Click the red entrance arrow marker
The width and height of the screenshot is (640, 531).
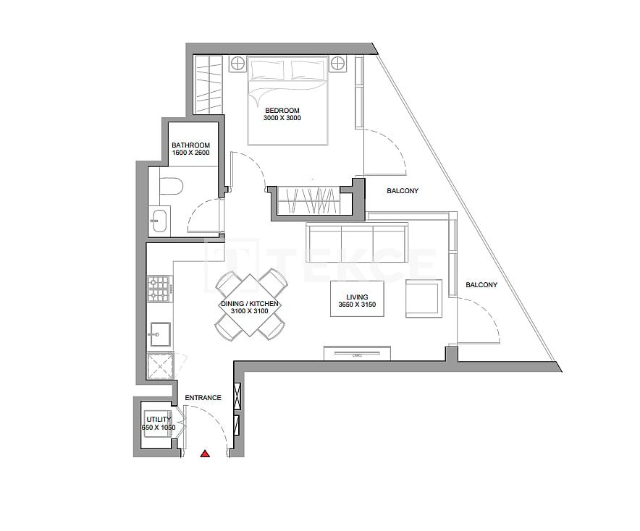pyautogui.click(x=205, y=454)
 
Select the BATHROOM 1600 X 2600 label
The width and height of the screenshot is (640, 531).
pyautogui.click(x=190, y=149)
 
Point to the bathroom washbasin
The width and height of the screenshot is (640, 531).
pyautogui.click(x=159, y=219)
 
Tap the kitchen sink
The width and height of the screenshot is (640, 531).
pyautogui.click(x=159, y=334)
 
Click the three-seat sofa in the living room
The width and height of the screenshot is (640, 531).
pyautogui.click(x=356, y=238)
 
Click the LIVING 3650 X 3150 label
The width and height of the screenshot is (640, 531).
pyautogui.click(x=357, y=301)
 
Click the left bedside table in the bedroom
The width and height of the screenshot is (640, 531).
pyautogui.click(x=237, y=64)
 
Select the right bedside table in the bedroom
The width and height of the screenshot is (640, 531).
pyautogui.click(x=339, y=64)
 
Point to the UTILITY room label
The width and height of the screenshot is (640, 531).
pyautogui.click(x=159, y=420)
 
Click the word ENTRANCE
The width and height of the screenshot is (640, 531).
pyautogui.click(x=203, y=398)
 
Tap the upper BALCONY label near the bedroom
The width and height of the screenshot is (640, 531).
pyautogui.click(x=403, y=191)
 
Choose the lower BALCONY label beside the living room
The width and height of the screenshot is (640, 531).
pyautogui.click(x=481, y=285)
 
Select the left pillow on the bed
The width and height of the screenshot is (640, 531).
pyautogui.click(x=268, y=69)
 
